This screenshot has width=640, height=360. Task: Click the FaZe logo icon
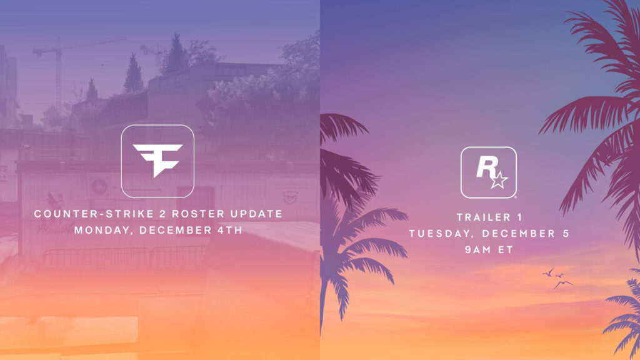(157, 161)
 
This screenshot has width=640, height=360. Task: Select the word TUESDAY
(438, 234)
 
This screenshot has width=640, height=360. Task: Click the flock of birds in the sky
(558, 278)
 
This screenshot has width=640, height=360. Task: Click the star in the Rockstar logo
(499, 181)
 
